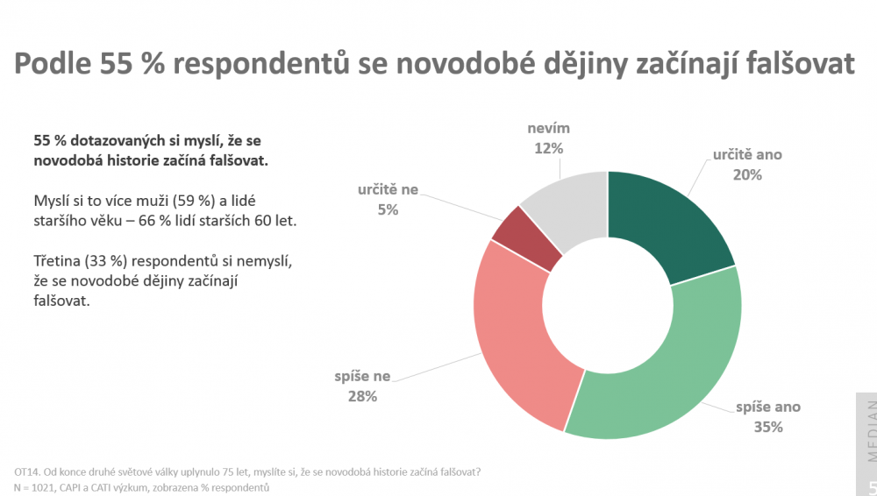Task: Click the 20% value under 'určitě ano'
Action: coord(748,174)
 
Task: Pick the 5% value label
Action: coord(388,209)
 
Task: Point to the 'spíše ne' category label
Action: coord(360,377)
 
